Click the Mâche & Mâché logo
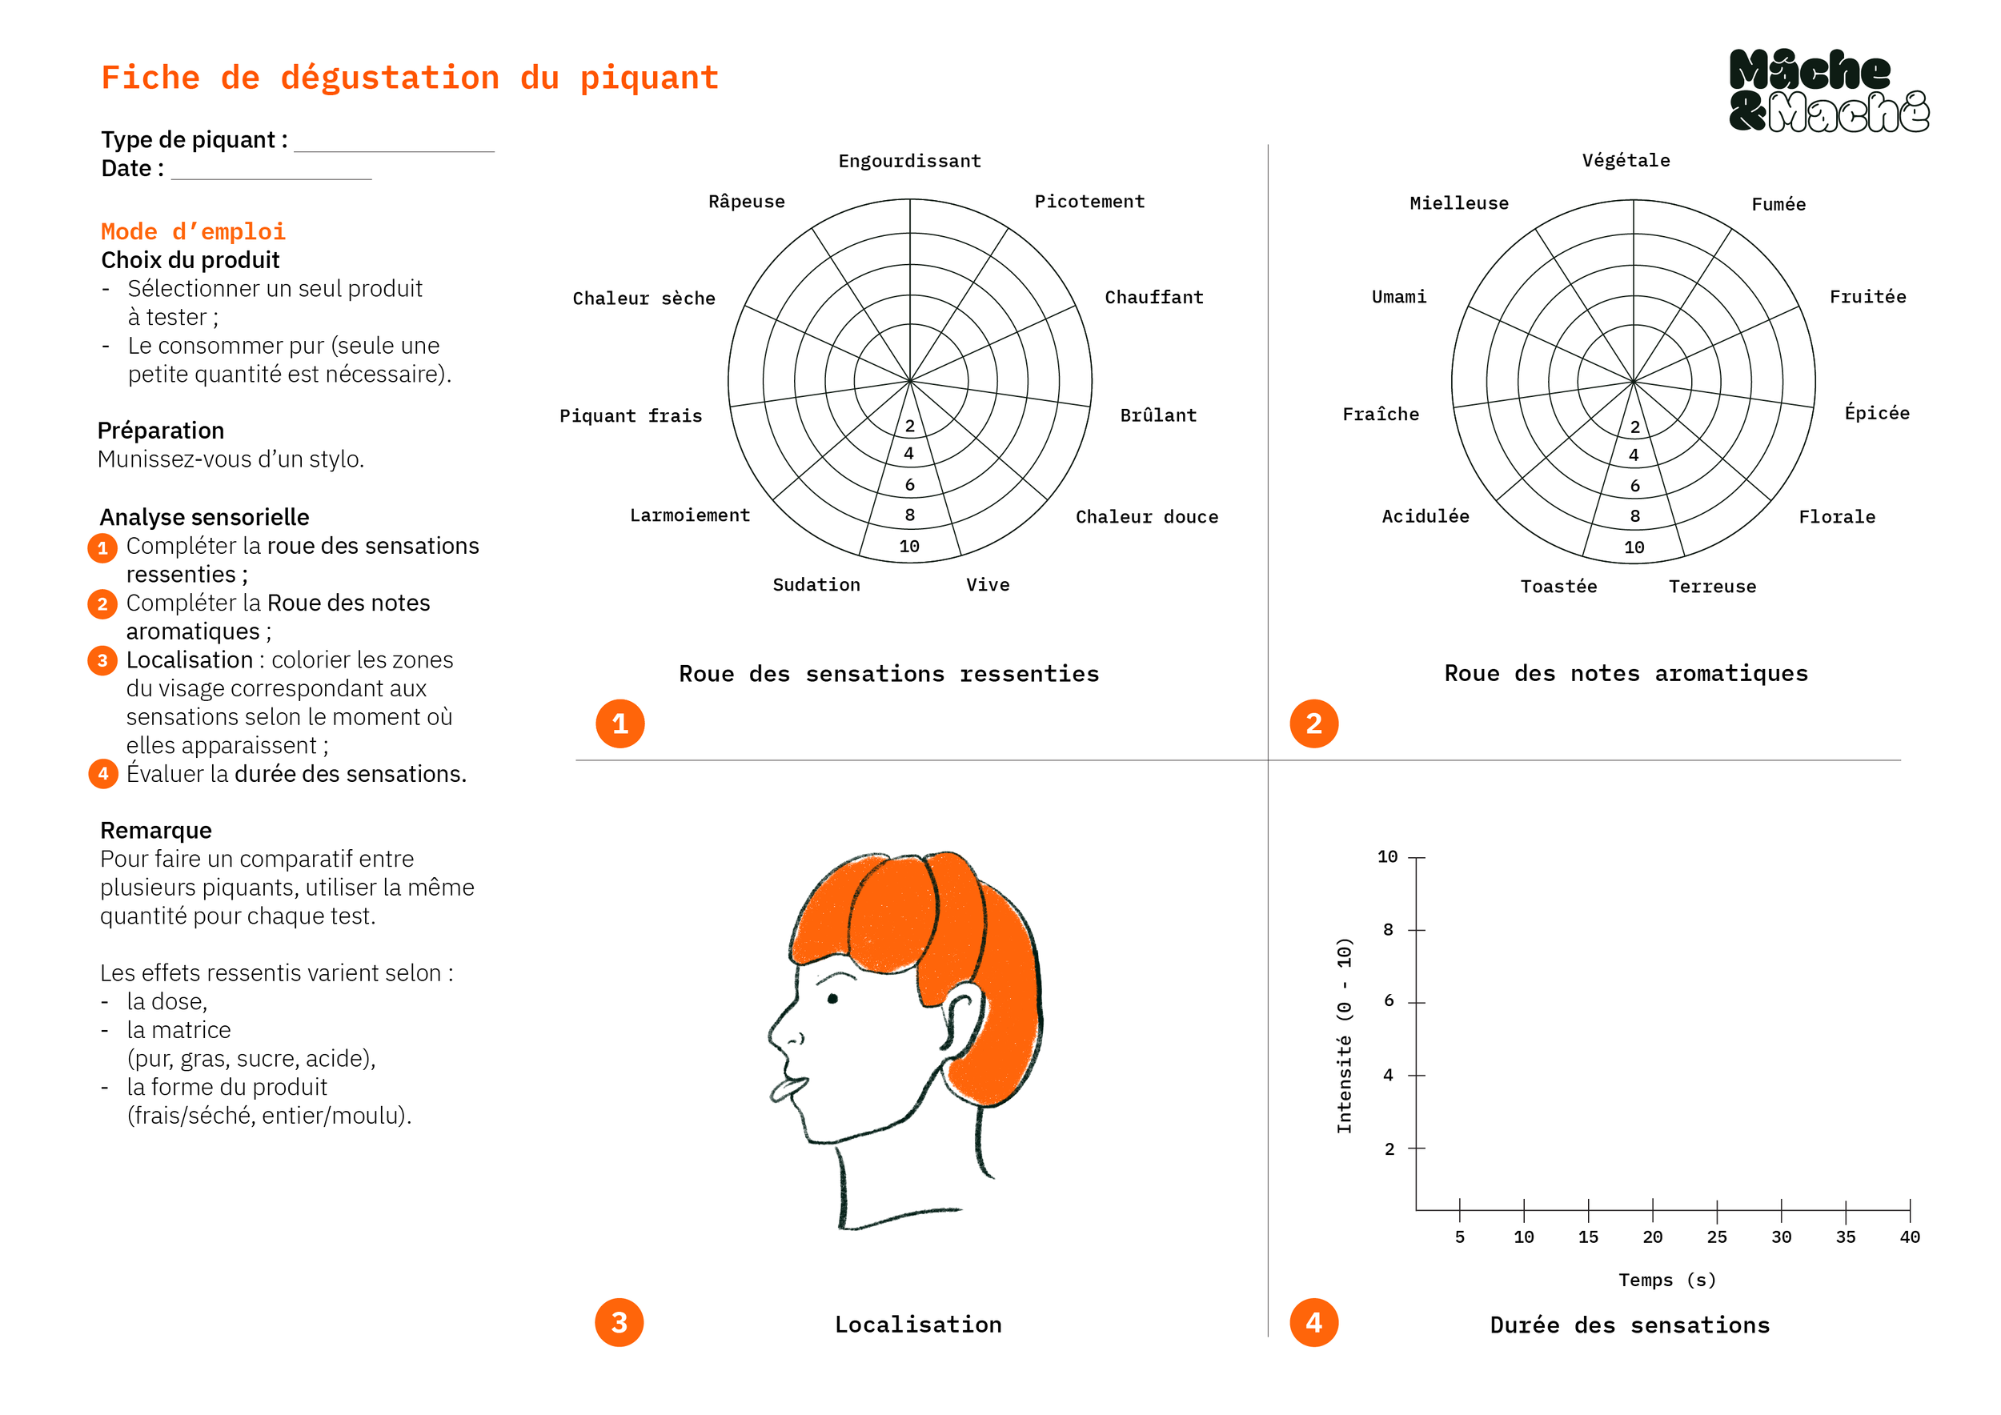point(1827,90)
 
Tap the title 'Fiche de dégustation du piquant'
point(410,78)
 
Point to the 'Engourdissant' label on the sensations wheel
point(909,161)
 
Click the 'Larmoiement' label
point(689,515)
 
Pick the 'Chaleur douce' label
point(1146,518)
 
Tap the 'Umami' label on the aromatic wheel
point(1398,297)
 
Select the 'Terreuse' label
point(1712,587)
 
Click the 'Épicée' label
point(1876,413)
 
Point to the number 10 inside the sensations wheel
point(909,547)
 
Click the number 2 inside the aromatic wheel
point(1635,427)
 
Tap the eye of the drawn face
point(832,999)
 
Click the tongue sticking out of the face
point(786,1089)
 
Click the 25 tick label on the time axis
point(1716,1237)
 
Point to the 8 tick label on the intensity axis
point(1389,930)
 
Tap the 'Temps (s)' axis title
point(1666,1280)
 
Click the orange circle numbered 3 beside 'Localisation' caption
point(619,1323)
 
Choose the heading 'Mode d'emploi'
point(194,232)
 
